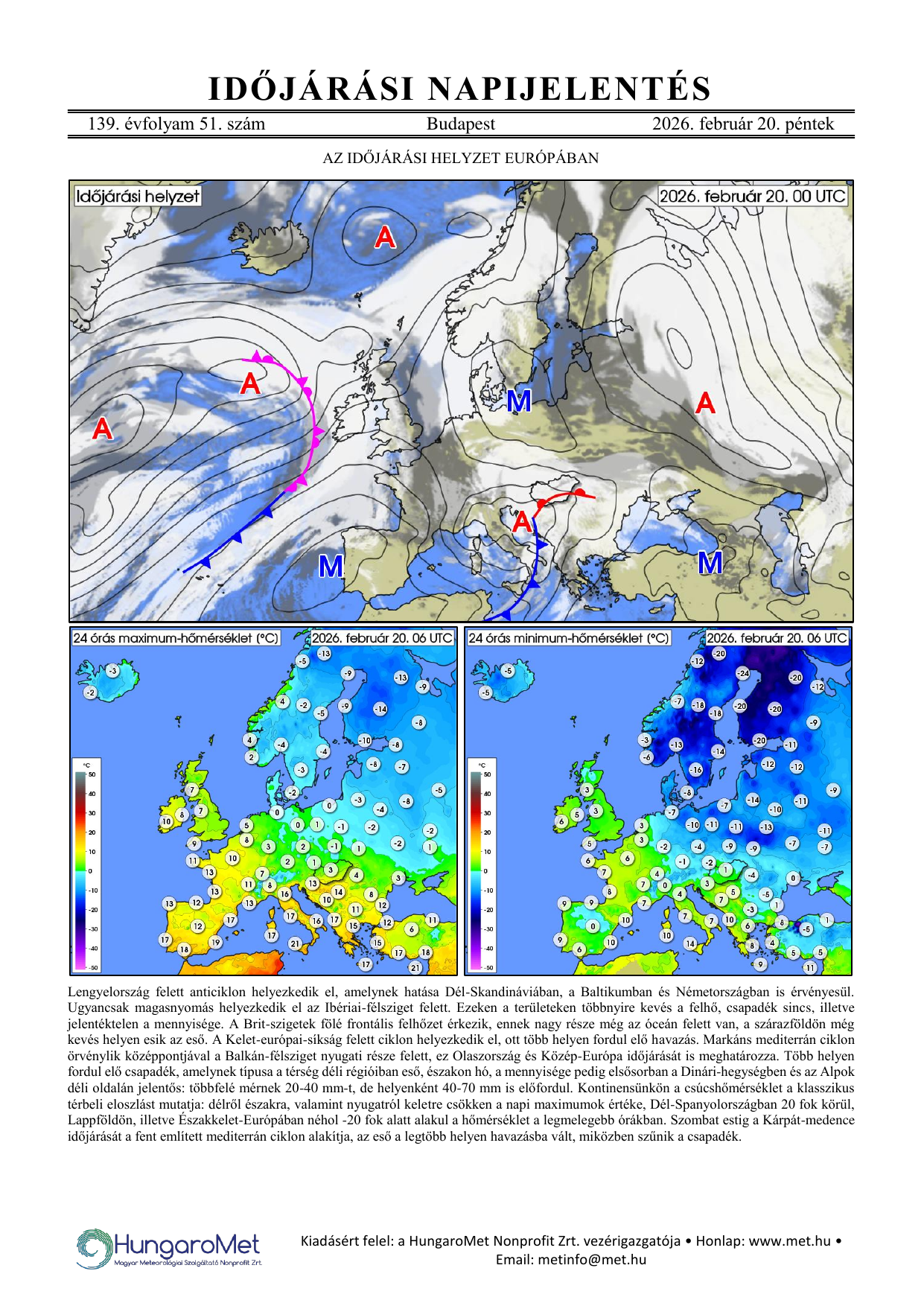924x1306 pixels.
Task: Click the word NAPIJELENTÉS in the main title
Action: (x=570, y=89)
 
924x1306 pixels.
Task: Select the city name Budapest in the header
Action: (x=460, y=124)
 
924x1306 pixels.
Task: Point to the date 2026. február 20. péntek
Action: (x=742, y=124)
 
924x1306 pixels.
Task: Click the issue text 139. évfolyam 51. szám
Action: (x=176, y=124)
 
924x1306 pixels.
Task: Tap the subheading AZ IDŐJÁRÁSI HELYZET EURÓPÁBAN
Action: (x=460, y=158)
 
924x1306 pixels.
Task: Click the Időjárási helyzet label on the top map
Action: (x=138, y=197)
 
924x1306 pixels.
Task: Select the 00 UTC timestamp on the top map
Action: (x=752, y=197)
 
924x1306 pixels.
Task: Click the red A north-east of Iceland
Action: (x=385, y=238)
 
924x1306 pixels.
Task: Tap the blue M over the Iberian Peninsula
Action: (x=331, y=567)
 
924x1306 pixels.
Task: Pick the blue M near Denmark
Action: (x=519, y=401)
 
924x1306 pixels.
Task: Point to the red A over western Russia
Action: (x=704, y=404)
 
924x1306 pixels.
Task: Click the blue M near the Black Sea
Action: (x=710, y=563)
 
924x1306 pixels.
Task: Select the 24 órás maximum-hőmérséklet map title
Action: (x=176, y=638)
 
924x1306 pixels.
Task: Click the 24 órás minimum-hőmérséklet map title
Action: (x=568, y=638)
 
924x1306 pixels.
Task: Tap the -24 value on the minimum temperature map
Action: (x=743, y=673)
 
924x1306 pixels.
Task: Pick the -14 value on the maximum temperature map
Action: (x=380, y=709)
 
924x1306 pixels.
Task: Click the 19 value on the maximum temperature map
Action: (x=215, y=942)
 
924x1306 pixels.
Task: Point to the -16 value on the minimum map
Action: (x=695, y=769)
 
